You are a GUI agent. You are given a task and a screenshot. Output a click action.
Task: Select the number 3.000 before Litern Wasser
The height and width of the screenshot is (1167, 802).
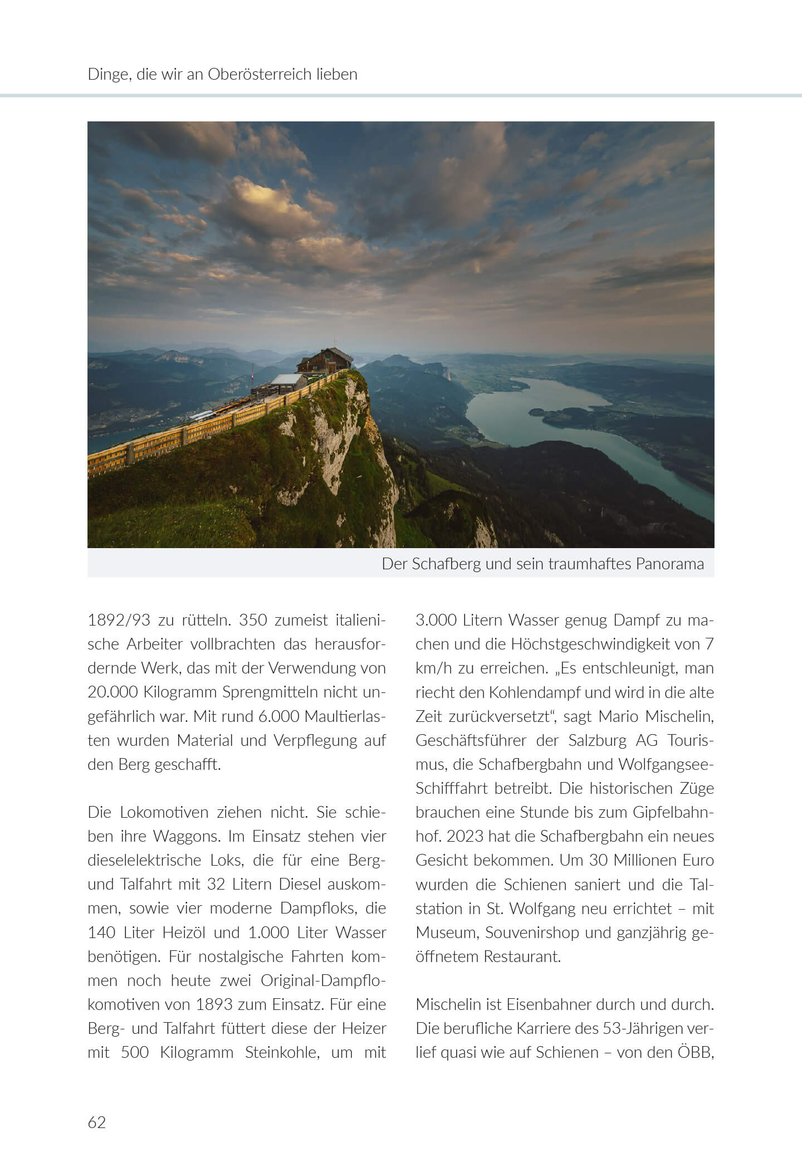[435, 620]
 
